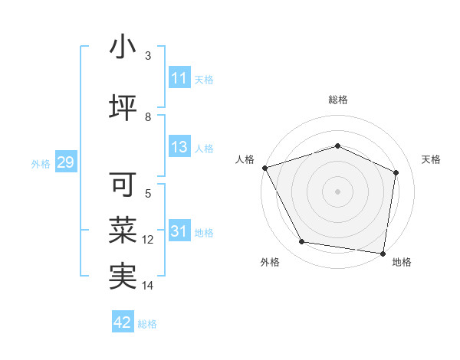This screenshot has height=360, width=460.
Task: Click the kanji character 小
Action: coord(123,47)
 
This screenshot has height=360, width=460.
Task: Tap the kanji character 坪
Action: coord(123,107)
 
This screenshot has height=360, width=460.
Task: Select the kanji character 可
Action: coord(123,184)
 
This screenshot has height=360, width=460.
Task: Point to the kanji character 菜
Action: coord(123,229)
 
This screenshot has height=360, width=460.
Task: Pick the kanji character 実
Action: coord(123,275)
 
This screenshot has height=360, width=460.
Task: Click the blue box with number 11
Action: coord(179,78)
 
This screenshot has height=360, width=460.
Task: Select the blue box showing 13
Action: coord(179,148)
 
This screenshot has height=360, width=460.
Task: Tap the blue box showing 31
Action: coord(179,232)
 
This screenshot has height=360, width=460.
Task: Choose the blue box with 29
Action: coord(65,163)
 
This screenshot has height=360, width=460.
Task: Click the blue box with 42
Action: coord(123,323)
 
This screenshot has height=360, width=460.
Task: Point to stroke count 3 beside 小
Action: coord(148,56)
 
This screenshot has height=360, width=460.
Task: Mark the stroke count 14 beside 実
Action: coord(148,286)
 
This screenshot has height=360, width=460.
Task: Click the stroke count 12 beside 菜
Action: coord(148,240)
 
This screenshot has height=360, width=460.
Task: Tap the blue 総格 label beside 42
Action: coord(147,324)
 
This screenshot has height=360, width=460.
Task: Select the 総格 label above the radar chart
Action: coord(337,100)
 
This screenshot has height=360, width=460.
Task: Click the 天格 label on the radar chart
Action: coord(431,159)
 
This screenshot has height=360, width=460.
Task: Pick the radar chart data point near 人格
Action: coord(264,168)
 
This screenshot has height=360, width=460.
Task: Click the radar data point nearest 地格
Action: coord(383,252)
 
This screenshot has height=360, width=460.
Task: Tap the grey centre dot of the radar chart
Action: coord(337,191)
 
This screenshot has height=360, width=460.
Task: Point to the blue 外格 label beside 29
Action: coord(41,164)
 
